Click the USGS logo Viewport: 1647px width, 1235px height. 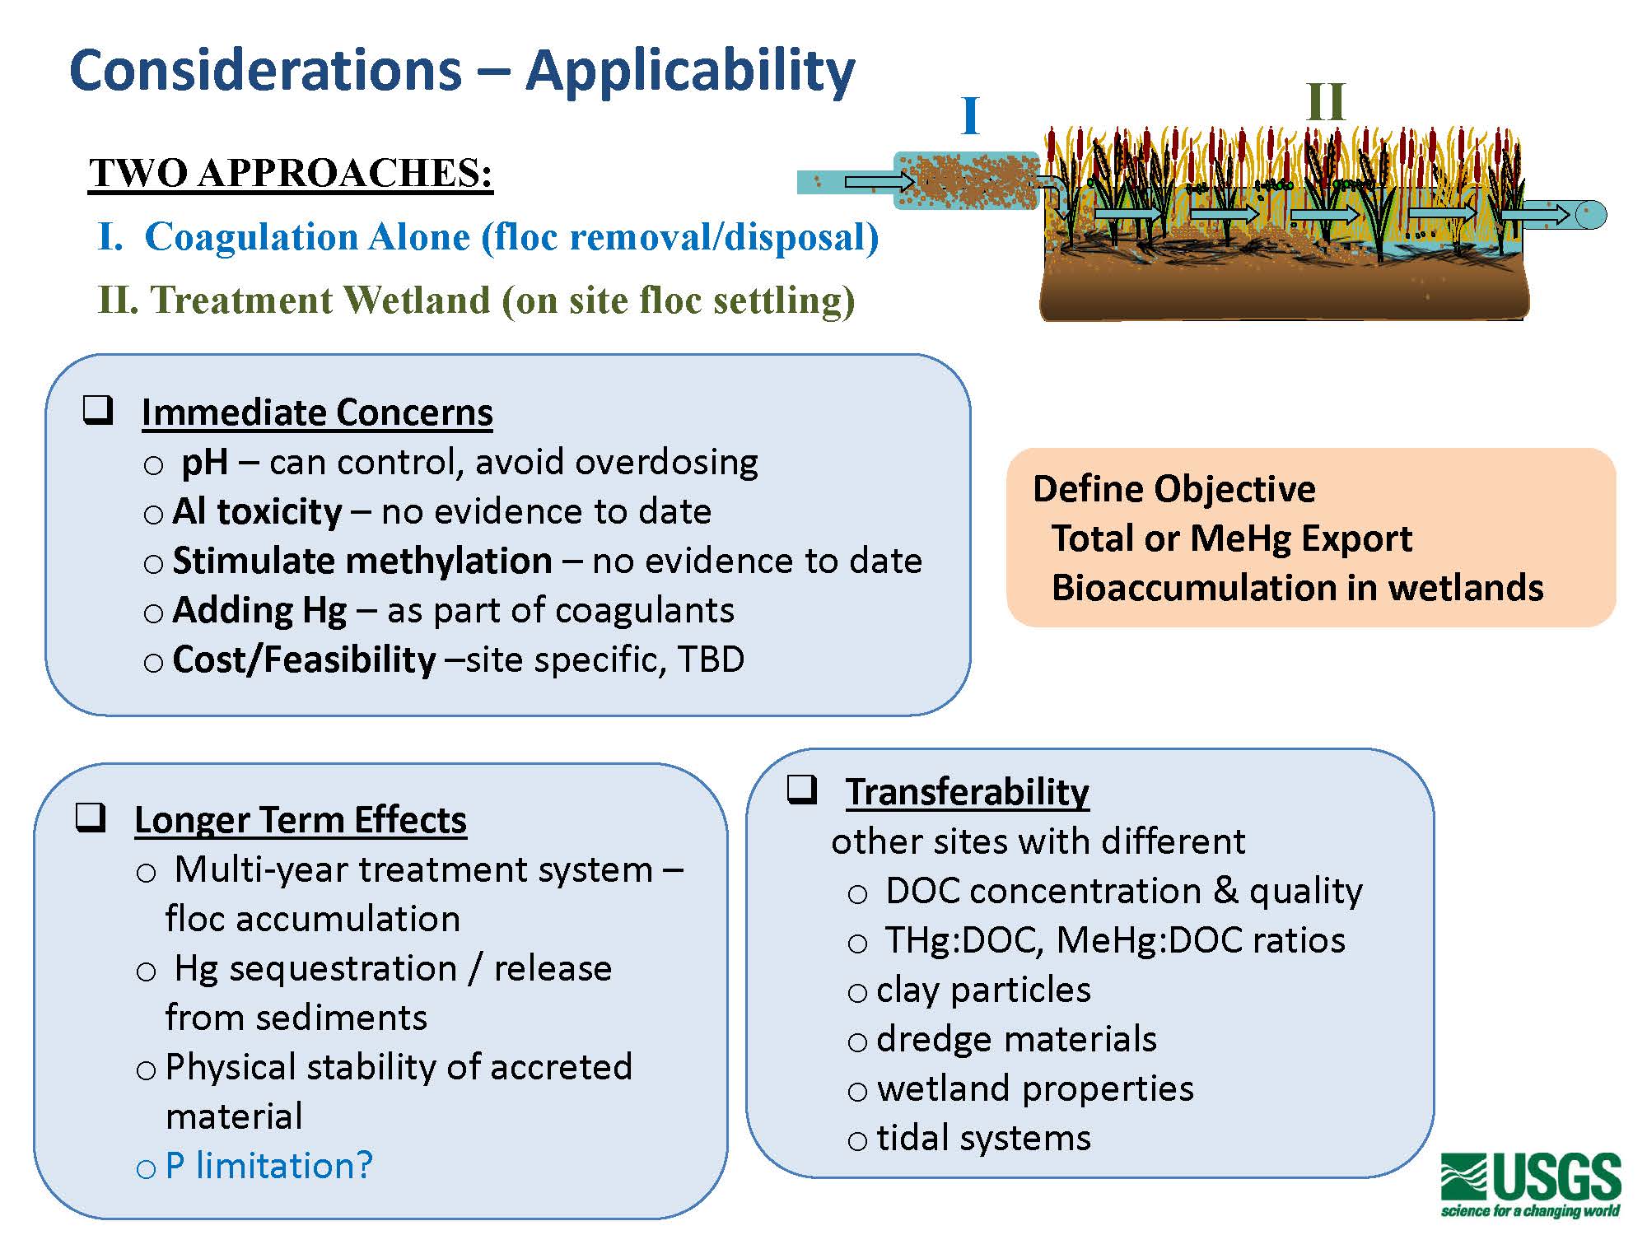pyautogui.click(x=1530, y=1184)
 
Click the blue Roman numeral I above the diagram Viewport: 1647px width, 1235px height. pyautogui.click(x=970, y=116)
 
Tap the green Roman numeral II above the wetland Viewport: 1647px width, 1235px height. pyautogui.click(x=1326, y=103)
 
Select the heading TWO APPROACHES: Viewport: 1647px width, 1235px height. pyautogui.click(x=291, y=173)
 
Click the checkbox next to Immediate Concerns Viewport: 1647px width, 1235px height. pyautogui.click(x=98, y=409)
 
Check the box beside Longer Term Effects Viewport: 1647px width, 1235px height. pyautogui.click(x=91, y=817)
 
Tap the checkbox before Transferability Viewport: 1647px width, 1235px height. pyautogui.click(x=801, y=789)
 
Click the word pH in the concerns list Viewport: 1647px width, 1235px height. pyautogui.click(x=204, y=462)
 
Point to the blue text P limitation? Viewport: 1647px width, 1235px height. pyautogui.click(x=268, y=1166)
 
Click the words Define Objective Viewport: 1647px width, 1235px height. pyautogui.click(x=1173, y=489)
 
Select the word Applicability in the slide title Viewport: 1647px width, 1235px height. pyautogui.click(x=690, y=71)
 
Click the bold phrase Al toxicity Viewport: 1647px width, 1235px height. pyautogui.click(x=257, y=511)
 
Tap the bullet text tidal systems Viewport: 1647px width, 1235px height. pyautogui.click(x=983, y=1138)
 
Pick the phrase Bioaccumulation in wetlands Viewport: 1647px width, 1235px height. pyautogui.click(x=1297, y=588)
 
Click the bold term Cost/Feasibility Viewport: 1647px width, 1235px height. pyautogui.click(x=304, y=659)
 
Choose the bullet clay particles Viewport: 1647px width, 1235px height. pyautogui.click(x=983, y=990)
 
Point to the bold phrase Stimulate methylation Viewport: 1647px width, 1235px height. pyautogui.click(x=362, y=561)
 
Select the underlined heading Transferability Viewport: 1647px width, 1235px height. pyautogui.click(x=967, y=792)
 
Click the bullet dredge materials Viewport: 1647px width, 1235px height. pyautogui.click(x=1016, y=1039)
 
